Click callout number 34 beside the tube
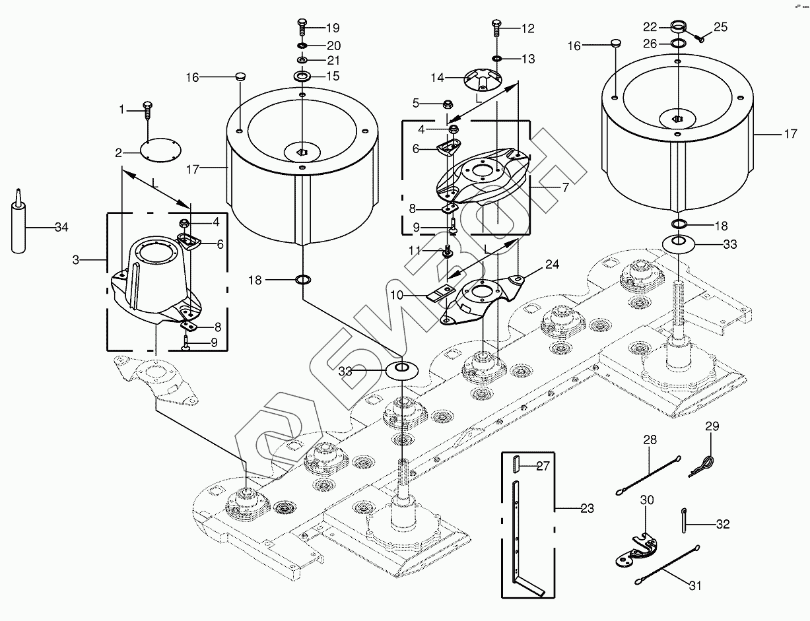61,228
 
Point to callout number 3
76,260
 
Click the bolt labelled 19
301,28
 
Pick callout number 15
333,77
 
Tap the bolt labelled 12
496,28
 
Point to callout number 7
565,187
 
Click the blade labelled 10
442,294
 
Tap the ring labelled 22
679,26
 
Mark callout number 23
587,509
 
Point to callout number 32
723,525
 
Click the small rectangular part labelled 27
517,465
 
